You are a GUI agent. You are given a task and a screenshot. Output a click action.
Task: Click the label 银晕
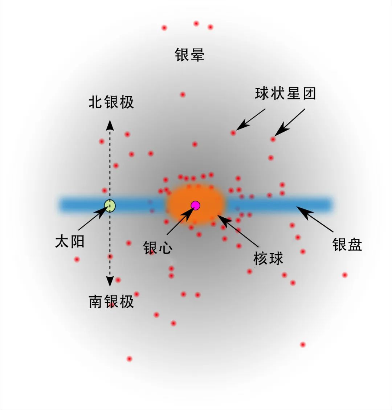(189, 55)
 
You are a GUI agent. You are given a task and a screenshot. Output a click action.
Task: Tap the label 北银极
(111, 102)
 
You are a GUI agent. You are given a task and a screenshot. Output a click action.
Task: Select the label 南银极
(111, 302)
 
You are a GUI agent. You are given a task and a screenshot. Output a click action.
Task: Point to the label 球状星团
(286, 93)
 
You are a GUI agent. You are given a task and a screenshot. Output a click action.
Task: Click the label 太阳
(70, 241)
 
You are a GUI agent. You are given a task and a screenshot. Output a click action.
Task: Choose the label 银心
(158, 247)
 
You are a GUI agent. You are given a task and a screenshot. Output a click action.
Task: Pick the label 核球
(268, 259)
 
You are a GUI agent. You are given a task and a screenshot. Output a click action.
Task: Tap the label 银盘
(347, 245)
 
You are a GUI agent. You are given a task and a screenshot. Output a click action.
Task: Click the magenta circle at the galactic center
(195, 205)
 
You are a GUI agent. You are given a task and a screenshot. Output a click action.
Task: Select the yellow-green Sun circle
(110, 205)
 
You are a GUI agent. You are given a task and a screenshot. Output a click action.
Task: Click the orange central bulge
(195, 204)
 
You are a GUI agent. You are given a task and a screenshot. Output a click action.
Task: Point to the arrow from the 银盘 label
(315, 219)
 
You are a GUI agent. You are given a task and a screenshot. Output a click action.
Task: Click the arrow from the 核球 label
(238, 231)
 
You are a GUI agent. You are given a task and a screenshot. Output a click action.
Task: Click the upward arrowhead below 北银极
(110, 125)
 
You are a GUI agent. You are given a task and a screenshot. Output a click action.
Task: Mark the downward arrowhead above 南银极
(110, 281)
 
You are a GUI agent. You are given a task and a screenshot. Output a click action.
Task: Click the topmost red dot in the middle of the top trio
(196, 24)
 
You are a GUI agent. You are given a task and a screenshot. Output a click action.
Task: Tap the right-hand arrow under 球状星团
(290, 122)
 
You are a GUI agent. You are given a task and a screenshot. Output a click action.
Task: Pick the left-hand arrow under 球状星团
(250, 119)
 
